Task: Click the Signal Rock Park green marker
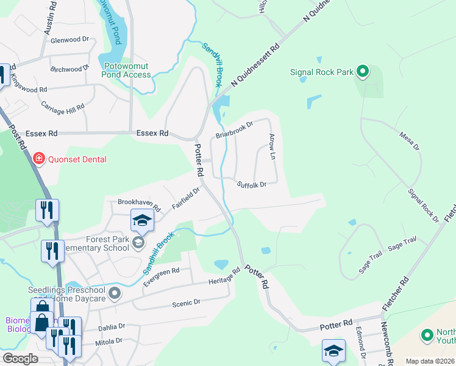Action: pyautogui.click(x=362, y=73)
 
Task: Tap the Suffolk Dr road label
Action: pyautogui.click(x=252, y=184)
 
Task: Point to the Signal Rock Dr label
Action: pyautogui.click(x=423, y=204)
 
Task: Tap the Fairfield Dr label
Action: pyautogui.click(x=186, y=198)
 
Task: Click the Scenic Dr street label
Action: pyautogui.click(x=187, y=303)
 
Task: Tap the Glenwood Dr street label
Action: pyautogui.click(x=70, y=40)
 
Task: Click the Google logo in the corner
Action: pyautogui.click(x=20, y=359)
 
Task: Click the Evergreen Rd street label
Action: pyautogui.click(x=161, y=277)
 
